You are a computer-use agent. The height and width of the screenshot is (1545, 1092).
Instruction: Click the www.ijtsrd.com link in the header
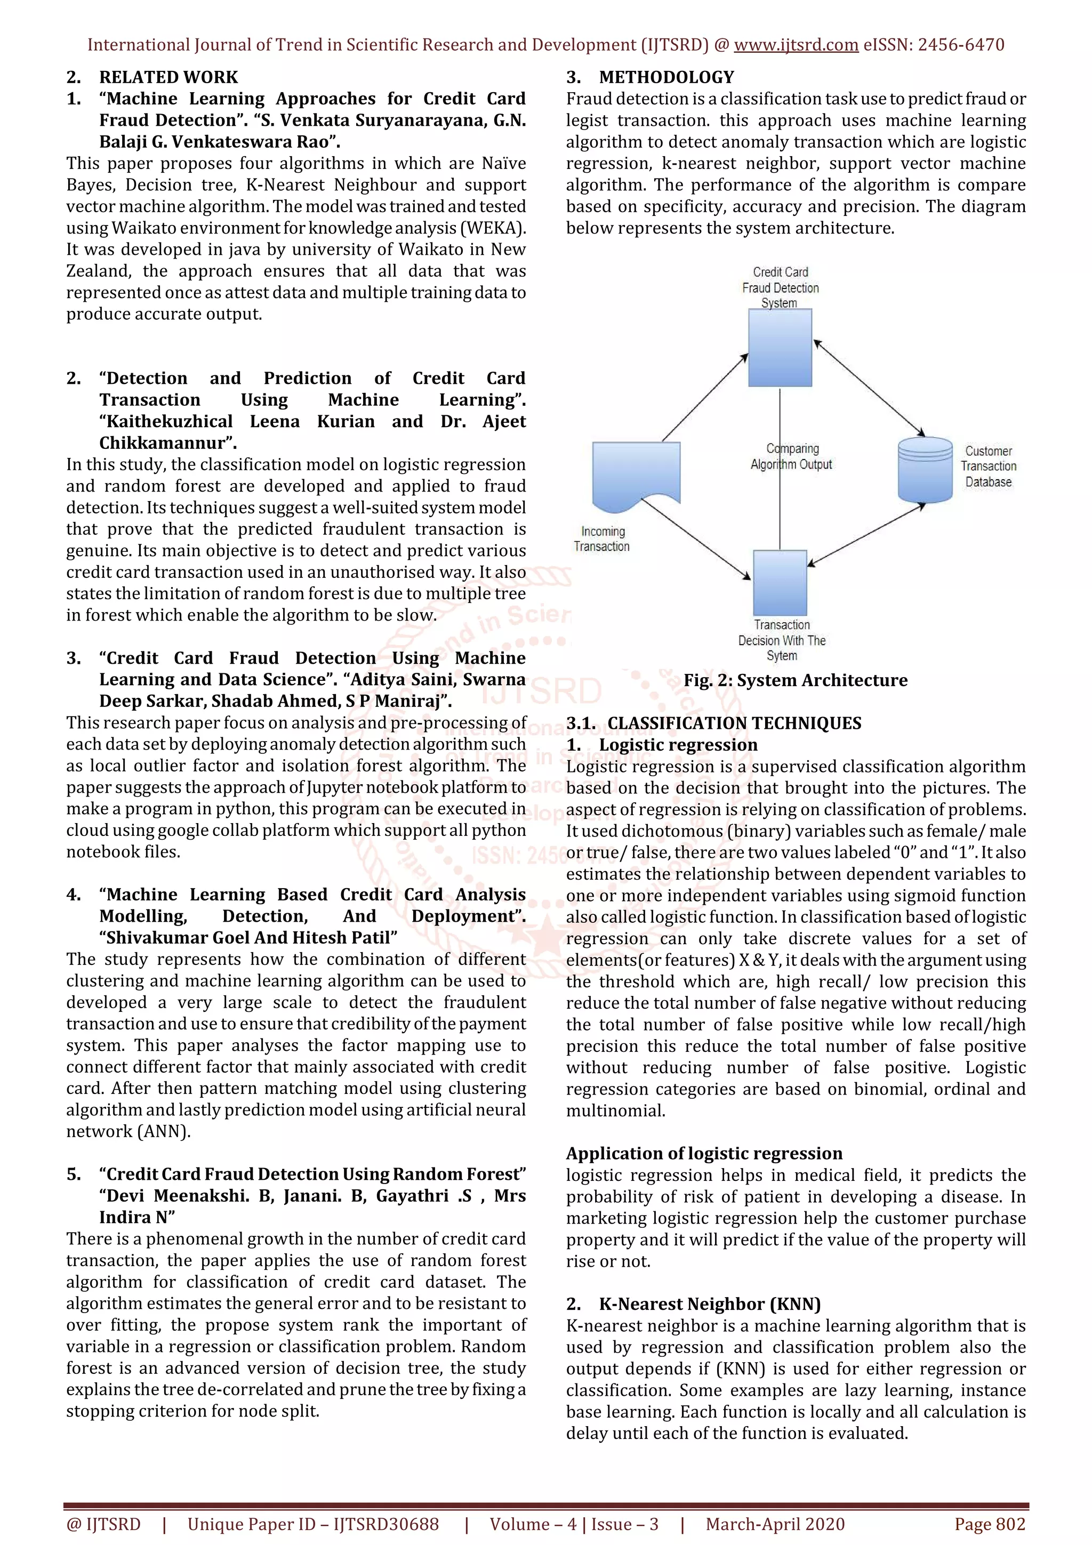[796, 45]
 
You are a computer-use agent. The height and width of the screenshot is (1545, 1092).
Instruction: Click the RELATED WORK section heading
[168, 77]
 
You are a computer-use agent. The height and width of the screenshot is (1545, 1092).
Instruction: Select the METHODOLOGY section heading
[666, 77]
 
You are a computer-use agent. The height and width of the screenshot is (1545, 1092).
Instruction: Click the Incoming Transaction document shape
[636, 474]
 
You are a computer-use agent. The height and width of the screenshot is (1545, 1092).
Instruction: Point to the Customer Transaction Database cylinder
[925, 470]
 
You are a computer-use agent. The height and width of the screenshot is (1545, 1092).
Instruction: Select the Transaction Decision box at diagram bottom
[780, 583]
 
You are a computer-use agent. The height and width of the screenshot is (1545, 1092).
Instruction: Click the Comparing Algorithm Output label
[792, 456]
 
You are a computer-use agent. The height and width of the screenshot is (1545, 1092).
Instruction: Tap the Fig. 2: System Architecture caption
[796, 680]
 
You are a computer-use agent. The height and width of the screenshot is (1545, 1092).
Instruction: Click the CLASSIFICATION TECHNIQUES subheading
[733, 723]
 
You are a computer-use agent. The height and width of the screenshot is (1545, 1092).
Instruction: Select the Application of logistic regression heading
[704, 1153]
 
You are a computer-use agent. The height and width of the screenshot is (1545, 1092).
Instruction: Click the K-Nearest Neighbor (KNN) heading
[709, 1304]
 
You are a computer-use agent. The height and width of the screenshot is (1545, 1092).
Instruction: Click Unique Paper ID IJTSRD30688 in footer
[313, 1524]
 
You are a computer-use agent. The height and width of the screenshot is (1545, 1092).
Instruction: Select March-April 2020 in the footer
[775, 1524]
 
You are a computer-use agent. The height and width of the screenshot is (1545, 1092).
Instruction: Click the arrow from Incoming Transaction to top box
[704, 398]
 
